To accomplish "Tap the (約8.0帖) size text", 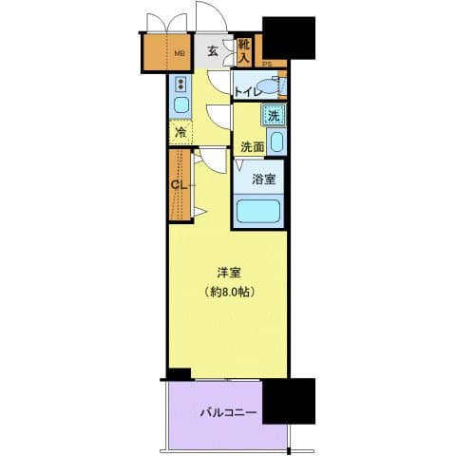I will point(229,293).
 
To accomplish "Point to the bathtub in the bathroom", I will point(259,210).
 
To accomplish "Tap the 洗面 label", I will point(252,146).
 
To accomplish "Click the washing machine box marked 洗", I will point(274,117).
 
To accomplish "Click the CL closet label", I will point(178,185).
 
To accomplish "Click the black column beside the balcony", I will point(288,401).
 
